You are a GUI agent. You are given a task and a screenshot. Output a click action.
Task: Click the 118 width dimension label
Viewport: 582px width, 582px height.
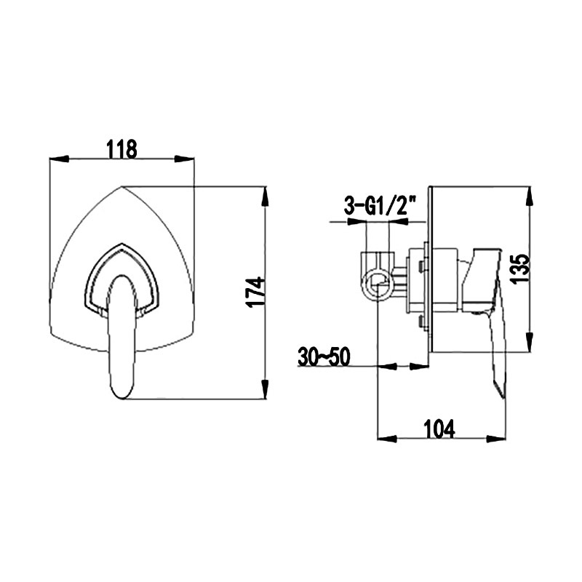(x=121, y=149)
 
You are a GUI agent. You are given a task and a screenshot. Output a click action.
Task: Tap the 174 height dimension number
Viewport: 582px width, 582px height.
(x=257, y=292)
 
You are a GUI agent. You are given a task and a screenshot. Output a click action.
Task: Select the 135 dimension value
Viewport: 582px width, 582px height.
(x=519, y=268)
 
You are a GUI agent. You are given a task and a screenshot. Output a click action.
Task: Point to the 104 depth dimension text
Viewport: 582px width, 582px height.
(x=439, y=429)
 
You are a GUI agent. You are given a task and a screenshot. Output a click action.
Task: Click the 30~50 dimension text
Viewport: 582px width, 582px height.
(x=324, y=357)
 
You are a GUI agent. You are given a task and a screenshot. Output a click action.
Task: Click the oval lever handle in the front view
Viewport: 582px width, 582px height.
(x=123, y=336)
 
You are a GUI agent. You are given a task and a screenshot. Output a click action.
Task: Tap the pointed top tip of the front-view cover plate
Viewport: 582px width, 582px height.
(x=121, y=186)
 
